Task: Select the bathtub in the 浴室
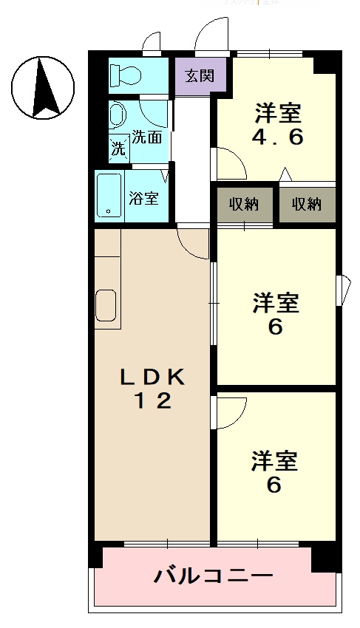(109, 196)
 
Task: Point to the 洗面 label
(147, 137)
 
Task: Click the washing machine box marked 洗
(118, 147)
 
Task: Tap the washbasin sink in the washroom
(118, 115)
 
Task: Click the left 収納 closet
(243, 205)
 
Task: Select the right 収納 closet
(307, 205)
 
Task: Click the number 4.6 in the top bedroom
(279, 138)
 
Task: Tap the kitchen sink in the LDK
(106, 306)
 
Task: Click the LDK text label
(153, 377)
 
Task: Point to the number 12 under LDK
(153, 401)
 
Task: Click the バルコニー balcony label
(213, 576)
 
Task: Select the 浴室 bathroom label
(143, 197)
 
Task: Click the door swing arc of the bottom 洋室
(231, 414)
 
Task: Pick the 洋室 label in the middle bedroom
(276, 304)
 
